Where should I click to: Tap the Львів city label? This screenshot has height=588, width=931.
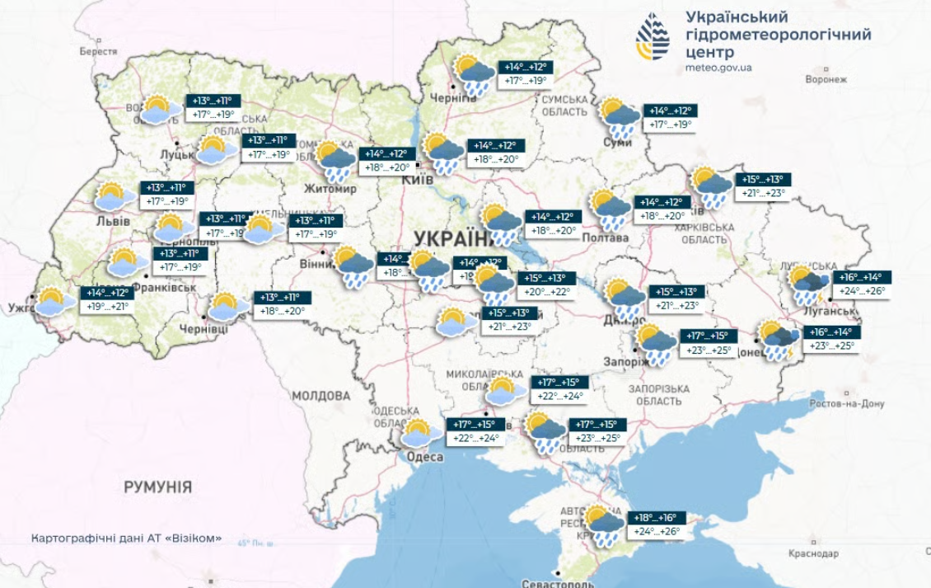pos(113,221)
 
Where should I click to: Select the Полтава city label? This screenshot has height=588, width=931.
pos(605,238)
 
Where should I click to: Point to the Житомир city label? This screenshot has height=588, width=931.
pos(330,189)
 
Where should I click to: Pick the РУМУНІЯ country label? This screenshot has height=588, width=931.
pos(157,487)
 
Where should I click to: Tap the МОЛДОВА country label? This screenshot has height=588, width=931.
pos(320,396)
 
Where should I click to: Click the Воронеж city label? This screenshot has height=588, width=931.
pos(826,80)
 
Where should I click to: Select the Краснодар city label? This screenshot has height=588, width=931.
pos(813,553)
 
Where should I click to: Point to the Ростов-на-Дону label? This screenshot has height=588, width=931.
pos(846,404)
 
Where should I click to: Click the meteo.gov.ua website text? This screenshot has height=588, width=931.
pos(718,68)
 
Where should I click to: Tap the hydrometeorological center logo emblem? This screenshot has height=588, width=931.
pos(653,37)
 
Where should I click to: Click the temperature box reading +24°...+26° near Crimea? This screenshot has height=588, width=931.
pos(657,532)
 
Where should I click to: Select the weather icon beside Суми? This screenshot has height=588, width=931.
pos(619,117)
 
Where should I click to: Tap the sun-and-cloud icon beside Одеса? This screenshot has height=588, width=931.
pos(421,432)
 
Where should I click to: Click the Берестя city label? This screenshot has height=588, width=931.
pos(98,51)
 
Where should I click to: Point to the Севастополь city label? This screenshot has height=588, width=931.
pos(558,583)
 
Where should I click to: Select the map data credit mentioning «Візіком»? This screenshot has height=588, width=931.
pos(126,539)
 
